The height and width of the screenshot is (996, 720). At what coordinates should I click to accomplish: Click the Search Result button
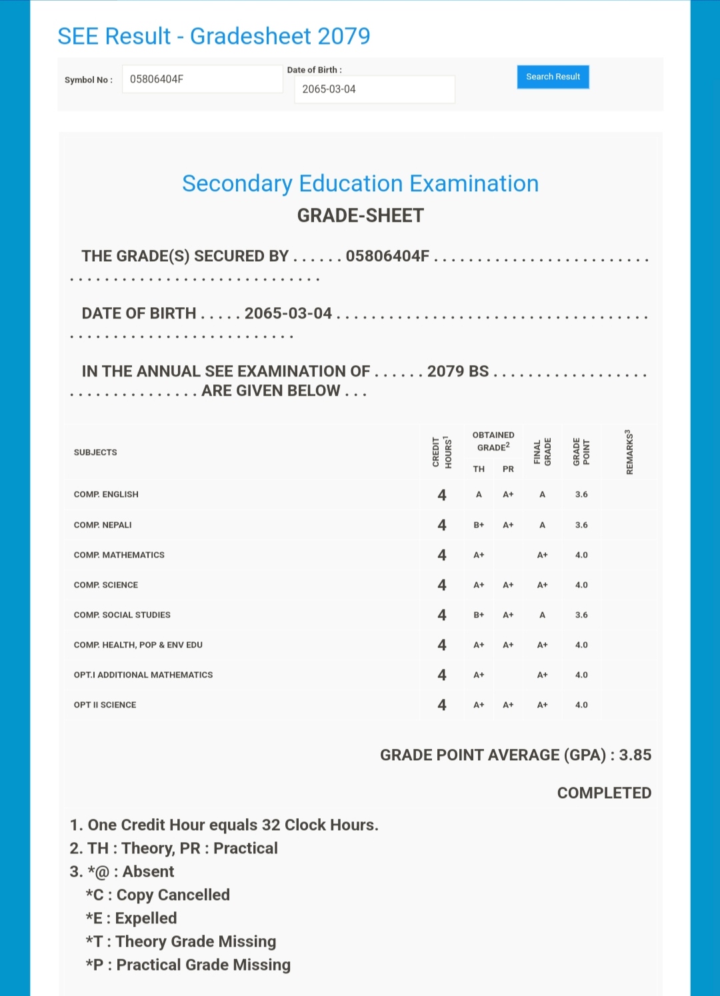[553, 77]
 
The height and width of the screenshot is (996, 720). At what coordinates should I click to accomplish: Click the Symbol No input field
[202, 79]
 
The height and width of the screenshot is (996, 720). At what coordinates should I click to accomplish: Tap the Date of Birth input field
[374, 89]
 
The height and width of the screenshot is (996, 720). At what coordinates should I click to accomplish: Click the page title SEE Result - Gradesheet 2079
[213, 36]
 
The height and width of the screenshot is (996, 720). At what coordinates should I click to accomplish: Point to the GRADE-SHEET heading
[360, 216]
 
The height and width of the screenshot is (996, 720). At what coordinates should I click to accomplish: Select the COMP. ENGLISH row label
[106, 494]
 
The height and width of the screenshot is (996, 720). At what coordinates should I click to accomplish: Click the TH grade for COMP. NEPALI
[479, 525]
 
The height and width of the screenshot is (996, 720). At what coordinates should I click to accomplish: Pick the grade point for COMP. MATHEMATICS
[581, 555]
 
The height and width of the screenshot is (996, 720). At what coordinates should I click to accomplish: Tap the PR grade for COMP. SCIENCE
[508, 585]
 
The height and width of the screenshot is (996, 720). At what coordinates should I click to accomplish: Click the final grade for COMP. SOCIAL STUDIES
[543, 615]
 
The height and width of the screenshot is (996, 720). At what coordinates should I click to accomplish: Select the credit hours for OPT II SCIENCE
[442, 705]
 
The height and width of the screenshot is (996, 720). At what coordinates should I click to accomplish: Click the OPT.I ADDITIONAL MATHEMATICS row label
[143, 675]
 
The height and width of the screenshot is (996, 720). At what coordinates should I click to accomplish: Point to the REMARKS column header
[629, 452]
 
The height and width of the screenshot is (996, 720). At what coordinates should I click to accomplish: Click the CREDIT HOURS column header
[442, 452]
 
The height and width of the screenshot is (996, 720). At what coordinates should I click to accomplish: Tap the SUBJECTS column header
[95, 452]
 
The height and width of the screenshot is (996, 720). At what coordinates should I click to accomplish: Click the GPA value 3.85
[635, 755]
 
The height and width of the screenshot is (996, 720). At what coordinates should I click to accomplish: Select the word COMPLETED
[604, 793]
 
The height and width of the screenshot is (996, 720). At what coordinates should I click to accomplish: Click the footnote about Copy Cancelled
[158, 895]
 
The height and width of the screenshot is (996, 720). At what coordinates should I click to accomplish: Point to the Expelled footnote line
[131, 918]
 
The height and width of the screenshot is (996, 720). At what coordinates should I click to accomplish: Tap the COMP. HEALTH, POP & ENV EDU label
[138, 645]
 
